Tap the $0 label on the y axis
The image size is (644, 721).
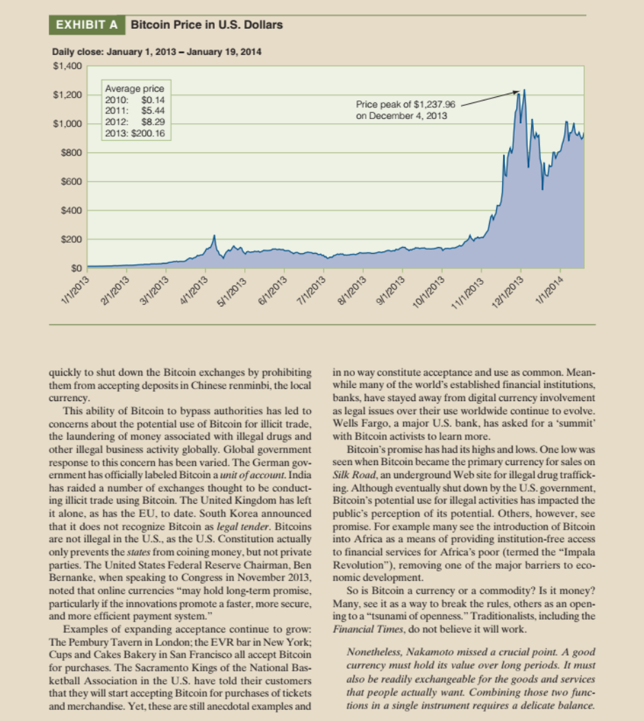(x=76, y=268)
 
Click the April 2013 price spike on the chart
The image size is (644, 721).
(x=214, y=237)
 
